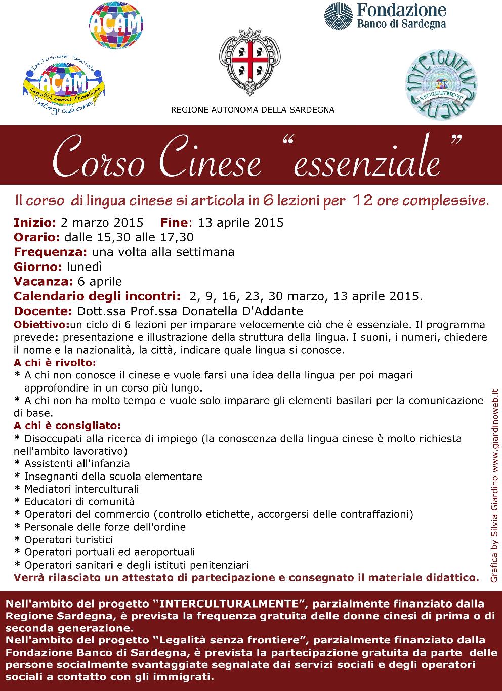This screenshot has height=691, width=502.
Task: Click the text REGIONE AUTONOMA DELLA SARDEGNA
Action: [x=253, y=110]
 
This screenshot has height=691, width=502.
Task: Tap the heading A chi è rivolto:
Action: [x=55, y=363]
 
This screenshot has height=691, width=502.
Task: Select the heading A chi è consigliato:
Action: [x=67, y=425]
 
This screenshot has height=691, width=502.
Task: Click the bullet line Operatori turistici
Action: [x=68, y=540]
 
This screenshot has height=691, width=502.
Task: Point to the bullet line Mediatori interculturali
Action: [x=81, y=489]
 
